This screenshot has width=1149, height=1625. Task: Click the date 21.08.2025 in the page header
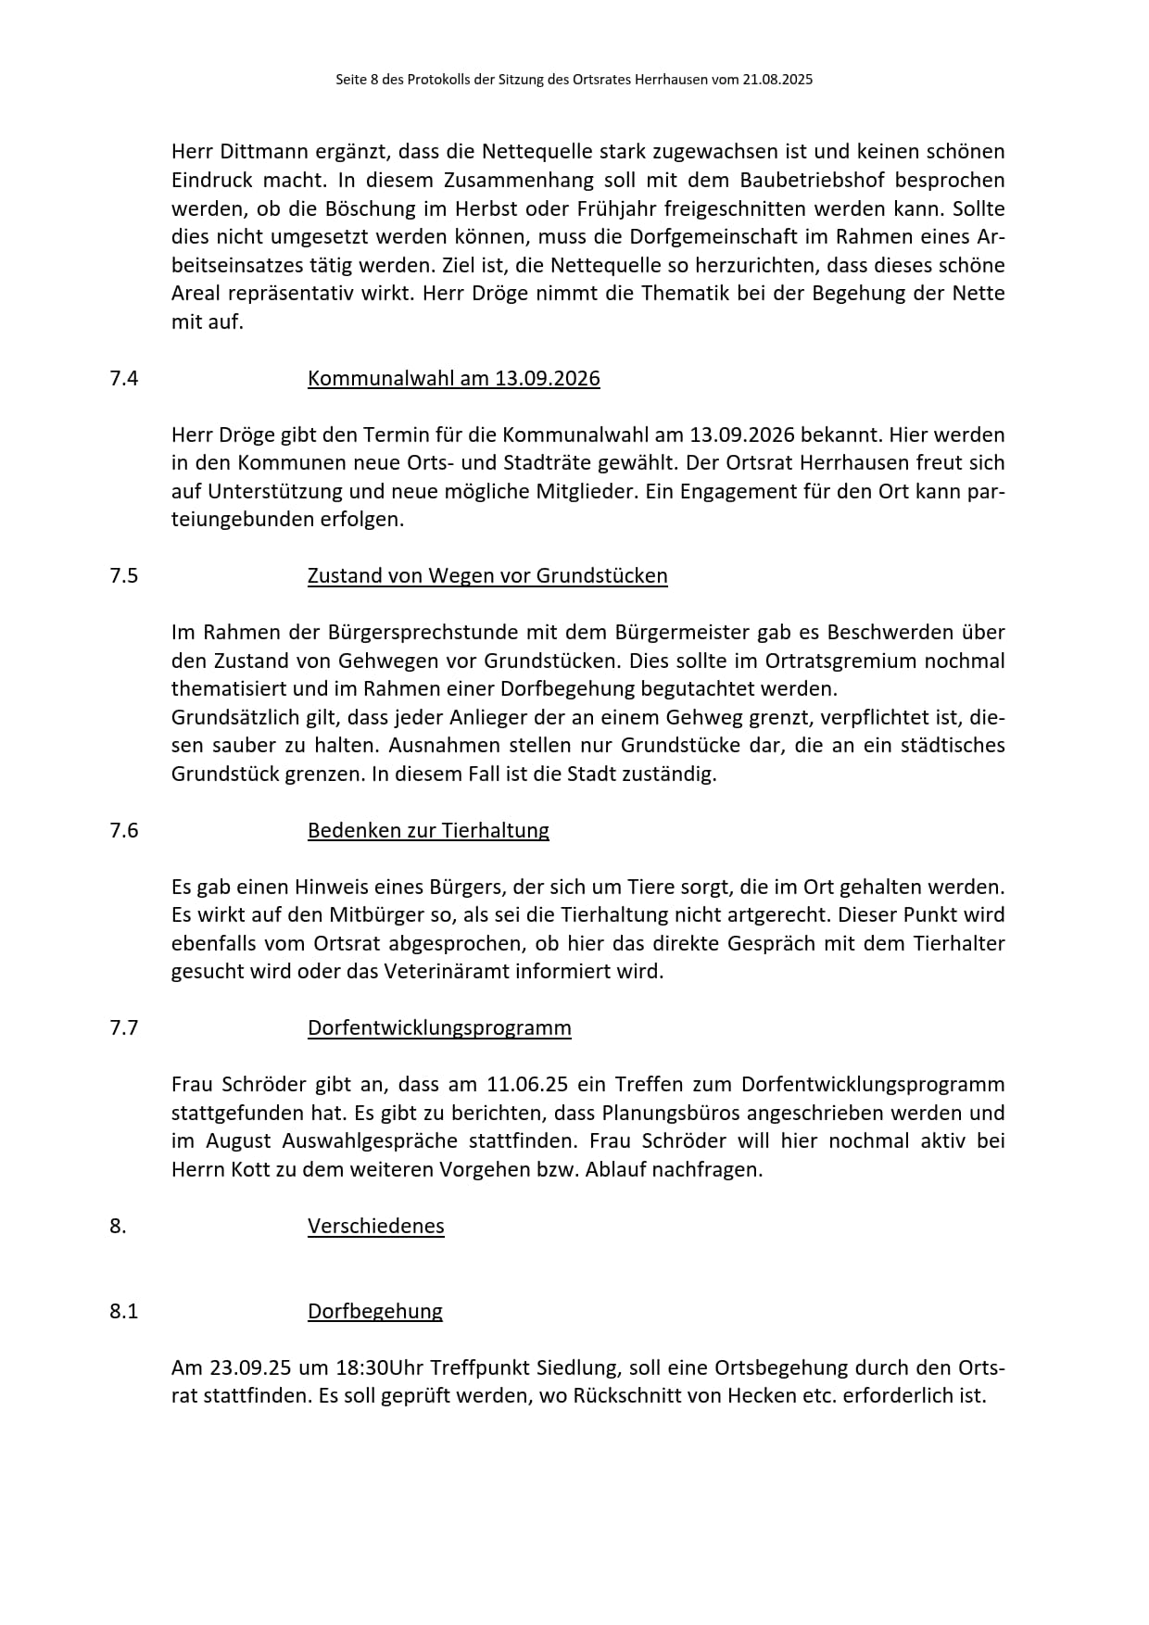[x=777, y=80]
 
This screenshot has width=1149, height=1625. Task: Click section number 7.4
[x=123, y=378]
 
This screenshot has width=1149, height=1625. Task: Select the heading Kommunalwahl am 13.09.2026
[x=453, y=378]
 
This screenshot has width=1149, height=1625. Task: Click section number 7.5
[x=123, y=575]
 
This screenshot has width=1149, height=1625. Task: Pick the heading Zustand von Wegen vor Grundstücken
[x=487, y=575]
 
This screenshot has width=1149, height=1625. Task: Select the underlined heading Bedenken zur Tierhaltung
[x=428, y=830]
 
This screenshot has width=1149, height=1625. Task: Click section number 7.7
[x=123, y=1027]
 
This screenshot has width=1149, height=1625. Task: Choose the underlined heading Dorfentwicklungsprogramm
[x=439, y=1027]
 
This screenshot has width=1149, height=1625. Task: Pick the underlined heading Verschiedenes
[x=375, y=1226]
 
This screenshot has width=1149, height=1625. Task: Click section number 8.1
[x=123, y=1311]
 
